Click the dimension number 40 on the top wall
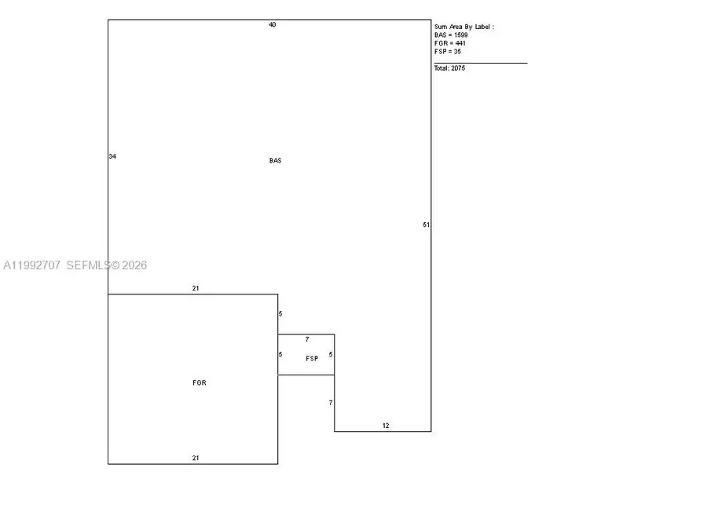(273, 25)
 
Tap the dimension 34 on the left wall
(112, 156)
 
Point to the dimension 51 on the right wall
(426, 225)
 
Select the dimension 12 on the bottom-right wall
(386, 426)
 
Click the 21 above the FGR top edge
(196, 288)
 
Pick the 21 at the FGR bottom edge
(196, 458)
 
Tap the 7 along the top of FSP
(307, 339)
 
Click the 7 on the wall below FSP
(331, 403)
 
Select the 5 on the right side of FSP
(331, 355)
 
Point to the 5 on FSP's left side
(280, 355)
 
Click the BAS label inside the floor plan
(275, 160)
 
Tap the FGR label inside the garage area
(200, 382)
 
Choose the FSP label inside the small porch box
(312, 359)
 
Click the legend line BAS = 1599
(451, 35)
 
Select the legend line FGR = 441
(450, 43)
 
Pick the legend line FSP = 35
(448, 51)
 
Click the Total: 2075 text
(449, 68)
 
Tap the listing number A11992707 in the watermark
(31, 265)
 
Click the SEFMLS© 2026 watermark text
(107, 265)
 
